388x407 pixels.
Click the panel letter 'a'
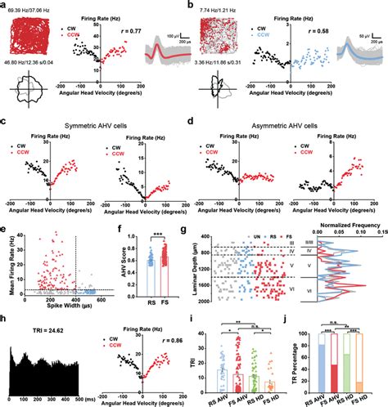point(5,5)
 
